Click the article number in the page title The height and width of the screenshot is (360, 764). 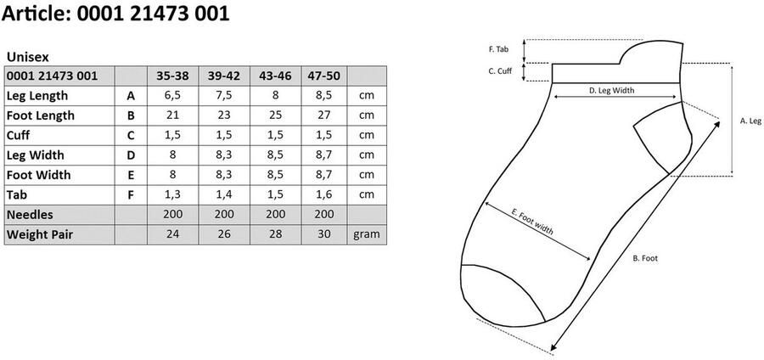[153, 13]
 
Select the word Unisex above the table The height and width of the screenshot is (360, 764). [28, 57]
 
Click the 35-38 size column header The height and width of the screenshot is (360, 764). [172, 76]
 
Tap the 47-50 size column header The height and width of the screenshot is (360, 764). [324, 76]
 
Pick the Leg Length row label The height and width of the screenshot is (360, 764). [37, 96]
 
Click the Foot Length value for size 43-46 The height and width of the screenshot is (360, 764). [275, 115]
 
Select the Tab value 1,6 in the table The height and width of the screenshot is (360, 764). [324, 194]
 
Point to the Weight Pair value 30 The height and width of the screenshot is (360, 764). [324, 234]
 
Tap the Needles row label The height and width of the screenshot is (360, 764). [30, 215]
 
